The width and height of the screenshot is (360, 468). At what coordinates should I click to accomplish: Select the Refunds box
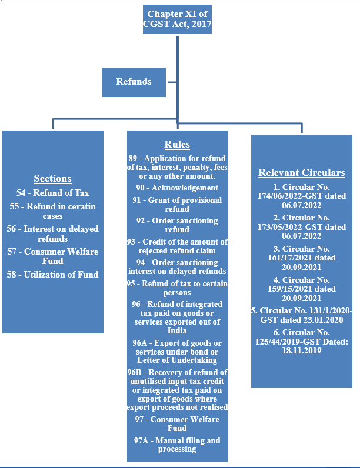[x=134, y=82]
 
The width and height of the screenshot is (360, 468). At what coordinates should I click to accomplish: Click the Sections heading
[x=52, y=179]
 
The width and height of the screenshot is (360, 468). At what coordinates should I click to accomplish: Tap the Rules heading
[x=177, y=145]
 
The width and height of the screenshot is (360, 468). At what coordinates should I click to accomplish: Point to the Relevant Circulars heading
[x=301, y=173]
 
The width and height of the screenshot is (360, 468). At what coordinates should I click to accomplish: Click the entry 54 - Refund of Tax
[x=52, y=193]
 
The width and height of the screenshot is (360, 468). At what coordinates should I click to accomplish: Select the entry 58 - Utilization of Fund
[x=52, y=275]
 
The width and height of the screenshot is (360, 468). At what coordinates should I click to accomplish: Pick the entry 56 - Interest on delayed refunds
[x=52, y=234]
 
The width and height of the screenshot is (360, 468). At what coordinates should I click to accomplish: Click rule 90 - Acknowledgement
[x=177, y=188]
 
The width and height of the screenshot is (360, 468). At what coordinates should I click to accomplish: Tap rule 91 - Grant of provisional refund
[x=177, y=205]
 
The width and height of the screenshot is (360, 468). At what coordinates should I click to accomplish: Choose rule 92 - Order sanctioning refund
[x=177, y=225]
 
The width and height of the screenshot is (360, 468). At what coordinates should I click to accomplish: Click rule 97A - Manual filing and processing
[x=177, y=445]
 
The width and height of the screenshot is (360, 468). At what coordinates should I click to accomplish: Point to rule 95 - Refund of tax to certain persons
[x=177, y=288]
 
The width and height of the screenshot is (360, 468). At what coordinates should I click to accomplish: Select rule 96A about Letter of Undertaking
[x=177, y=351]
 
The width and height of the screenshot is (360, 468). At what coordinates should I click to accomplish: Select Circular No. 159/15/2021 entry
[x=301, y=289]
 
